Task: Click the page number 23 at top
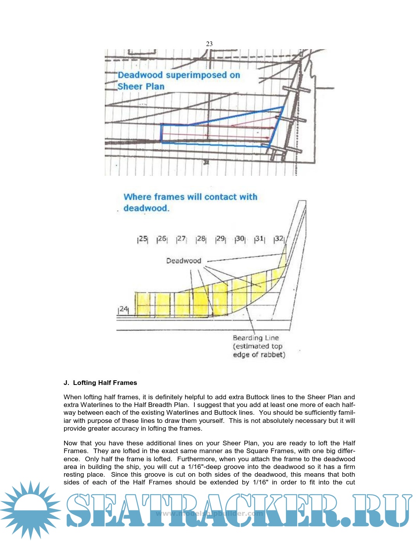pos(209,44)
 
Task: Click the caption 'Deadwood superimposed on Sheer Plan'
pos(179,80)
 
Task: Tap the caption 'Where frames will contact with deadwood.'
pos(190,202)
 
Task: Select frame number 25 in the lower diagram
pos(143,239)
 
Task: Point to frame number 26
pos(162,239)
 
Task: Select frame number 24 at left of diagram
pos(123,309)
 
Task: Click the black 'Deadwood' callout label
pos(184,261)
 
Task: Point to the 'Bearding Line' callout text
pos(256,338)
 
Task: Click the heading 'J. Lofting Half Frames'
pos(100,383)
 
